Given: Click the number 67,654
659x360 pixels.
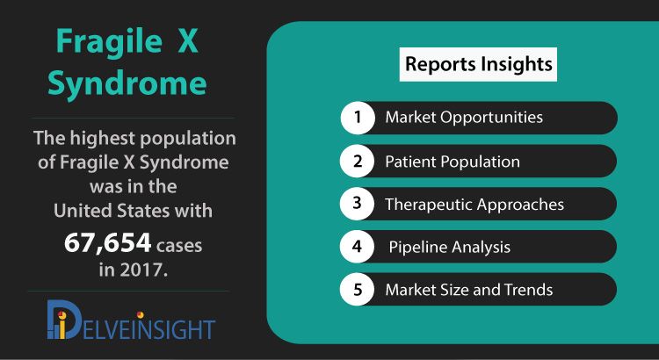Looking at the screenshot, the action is pos(107,243).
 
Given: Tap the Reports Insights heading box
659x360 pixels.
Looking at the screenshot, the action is pos(478,64).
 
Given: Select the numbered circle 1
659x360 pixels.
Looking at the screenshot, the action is pos(358,117).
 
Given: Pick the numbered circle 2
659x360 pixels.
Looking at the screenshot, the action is pos(358,161).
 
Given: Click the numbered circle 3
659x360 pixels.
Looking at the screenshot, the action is pos(358,204).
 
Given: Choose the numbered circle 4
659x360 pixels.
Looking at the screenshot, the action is pos(358,247).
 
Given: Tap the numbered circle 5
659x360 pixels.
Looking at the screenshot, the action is pos(358,290).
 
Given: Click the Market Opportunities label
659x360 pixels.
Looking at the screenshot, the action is pos(464,117).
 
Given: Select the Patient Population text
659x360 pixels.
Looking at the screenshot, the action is pos(453,162).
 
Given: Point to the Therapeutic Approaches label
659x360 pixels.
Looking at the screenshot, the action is pos(474,205).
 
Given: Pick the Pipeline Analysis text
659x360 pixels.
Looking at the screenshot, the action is pos(450,247).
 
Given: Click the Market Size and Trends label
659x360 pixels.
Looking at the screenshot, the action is pos(469,290).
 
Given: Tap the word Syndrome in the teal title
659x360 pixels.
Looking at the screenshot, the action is pos(127,83).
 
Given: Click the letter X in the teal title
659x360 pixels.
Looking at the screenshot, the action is pos(188,41).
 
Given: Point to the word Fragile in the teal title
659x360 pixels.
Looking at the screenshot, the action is pos(109,43).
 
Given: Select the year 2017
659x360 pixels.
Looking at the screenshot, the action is pos(144,270).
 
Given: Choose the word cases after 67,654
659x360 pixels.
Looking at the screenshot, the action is pos(179,246).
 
